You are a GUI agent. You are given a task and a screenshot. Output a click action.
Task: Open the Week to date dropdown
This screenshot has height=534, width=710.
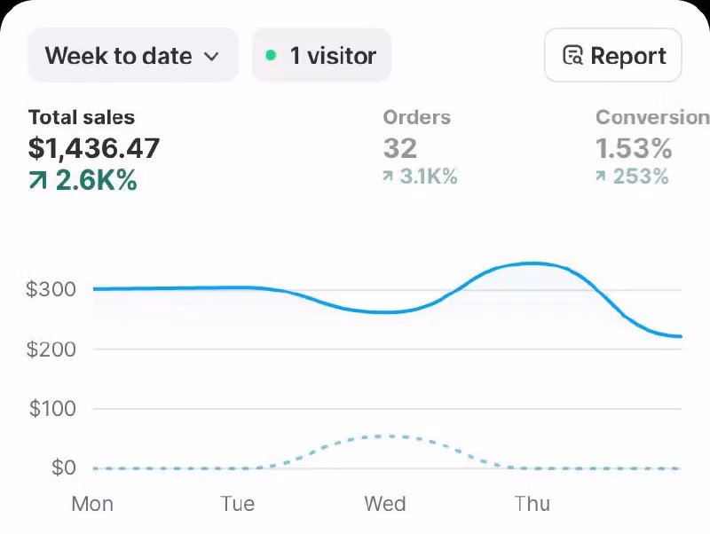pyautogui.click(x=132, y=56)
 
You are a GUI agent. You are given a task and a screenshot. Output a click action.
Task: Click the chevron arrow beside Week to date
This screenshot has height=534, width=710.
pyautogui.click(x=211, y=57)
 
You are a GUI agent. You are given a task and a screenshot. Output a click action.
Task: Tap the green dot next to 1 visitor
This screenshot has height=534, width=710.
pyautogui.click(x=271, y=56)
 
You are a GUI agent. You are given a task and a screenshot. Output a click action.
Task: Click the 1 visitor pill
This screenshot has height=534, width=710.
pyautogui.click(x=321, y=56)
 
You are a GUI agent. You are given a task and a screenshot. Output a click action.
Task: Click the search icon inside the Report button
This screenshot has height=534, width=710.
pyautogui.click(x=573, y=56)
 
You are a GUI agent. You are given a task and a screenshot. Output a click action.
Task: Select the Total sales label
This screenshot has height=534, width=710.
pyautogui.click(x=82, y=117)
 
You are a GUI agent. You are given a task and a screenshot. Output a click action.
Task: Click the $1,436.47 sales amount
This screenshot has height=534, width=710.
pyautogui.click(x=94, y=148)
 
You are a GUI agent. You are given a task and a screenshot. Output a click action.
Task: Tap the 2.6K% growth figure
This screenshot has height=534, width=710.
pyautogui.click(x=96, y=180)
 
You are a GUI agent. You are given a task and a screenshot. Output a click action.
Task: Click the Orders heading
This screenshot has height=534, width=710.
pyautogui.click(x=416, y=117)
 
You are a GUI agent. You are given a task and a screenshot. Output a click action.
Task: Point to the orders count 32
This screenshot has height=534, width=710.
pyautogui.click(x=399, y=148)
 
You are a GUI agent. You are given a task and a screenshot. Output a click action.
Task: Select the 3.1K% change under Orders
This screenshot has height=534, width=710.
pyautogui.click(x=428, y=177)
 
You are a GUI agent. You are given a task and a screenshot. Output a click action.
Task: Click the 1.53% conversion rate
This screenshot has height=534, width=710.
pyautogui.click(x=634, y=148)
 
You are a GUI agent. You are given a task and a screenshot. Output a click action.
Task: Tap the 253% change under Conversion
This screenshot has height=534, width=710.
pyautogui.click(x=640, y=177)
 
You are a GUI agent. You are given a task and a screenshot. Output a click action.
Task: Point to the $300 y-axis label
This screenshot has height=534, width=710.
pyautogui.click(x=51, y=289)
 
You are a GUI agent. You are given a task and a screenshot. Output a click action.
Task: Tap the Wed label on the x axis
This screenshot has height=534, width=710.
pyautogui.click(x=385, y=504)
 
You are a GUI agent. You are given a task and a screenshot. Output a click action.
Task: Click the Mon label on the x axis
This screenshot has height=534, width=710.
pyautogui.click(x=92, y=504)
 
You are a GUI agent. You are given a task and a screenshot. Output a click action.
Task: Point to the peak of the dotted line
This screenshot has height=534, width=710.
pyautogui.click(x=383, y=436)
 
